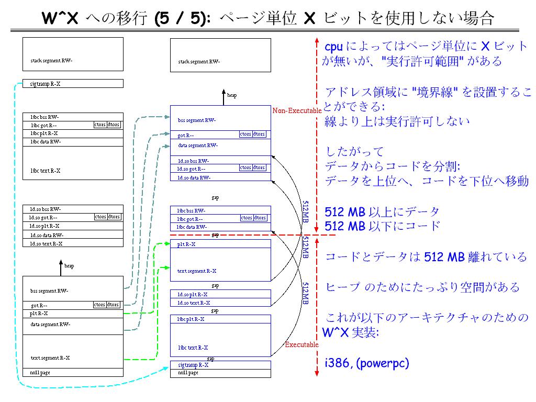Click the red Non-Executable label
[296, 110]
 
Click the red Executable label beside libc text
[301, 344]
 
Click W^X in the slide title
[60, 19]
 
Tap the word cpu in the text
[334, 47]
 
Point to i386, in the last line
[338, 363]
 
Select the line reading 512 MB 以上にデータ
[382, 212]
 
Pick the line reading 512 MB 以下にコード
[382, 226]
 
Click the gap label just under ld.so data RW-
[215, 197]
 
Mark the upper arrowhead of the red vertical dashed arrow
[317, 40]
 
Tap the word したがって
[354, 152]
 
